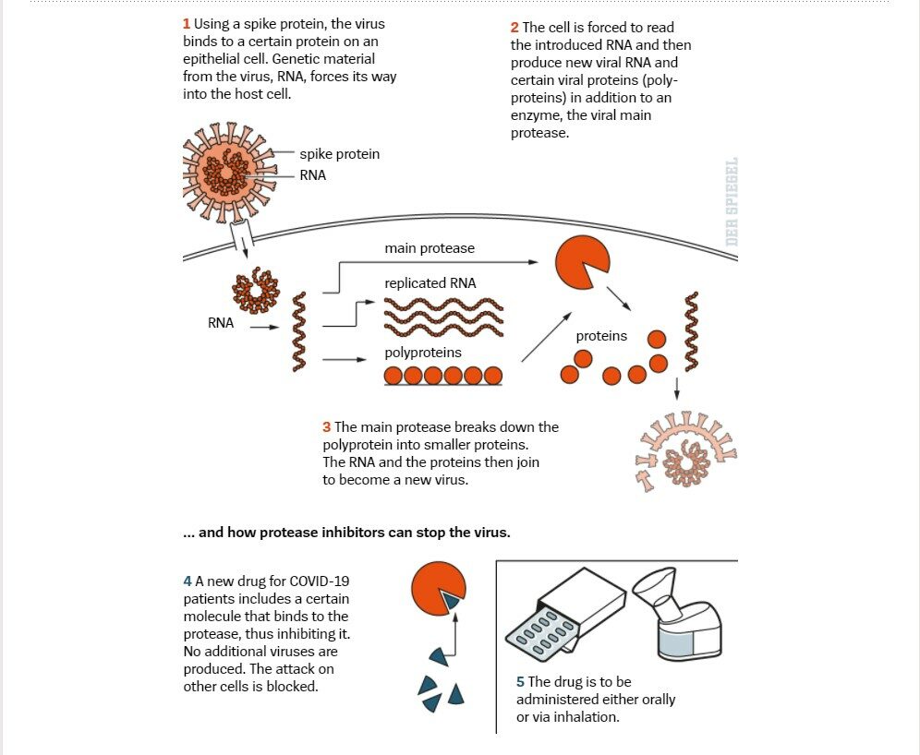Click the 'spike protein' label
tap(339, 154)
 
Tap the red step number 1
tap(186, 24)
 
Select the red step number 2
tap(514, 28)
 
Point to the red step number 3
tap(327, 427)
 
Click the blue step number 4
tap(188, 581)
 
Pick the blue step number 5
tap(520, 682)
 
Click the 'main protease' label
tap(430, 248)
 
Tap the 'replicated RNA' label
tap(430, 283)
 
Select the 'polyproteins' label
tap(423, 353)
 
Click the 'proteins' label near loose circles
tap(601, 336)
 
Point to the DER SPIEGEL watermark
tap(731, 201)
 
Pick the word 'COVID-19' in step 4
tap(320, 581)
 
